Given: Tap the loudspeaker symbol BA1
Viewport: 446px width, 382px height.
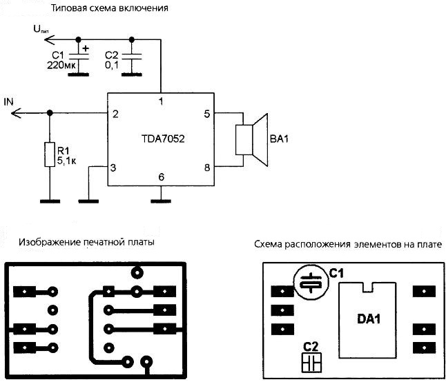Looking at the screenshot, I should click(x=251, y=139).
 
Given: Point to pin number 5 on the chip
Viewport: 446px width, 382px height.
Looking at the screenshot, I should click(x=206, y=113).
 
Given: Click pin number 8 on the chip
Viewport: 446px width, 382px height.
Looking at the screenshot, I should click(x=206, y=166).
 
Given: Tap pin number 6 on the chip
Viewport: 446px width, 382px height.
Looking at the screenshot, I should click(x=161, y=177).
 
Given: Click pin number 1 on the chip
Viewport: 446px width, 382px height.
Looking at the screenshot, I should click(x=161, y=101).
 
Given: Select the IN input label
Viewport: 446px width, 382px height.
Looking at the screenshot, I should click(x=8, y=102).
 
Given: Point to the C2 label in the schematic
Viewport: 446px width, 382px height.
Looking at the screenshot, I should click(x=111, y=54).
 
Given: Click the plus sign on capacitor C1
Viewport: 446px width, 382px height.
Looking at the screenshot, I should click(x=86, y=48).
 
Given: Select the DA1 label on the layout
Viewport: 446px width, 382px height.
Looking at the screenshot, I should click(x=369, y=319).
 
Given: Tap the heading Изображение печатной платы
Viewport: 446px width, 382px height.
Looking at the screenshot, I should click(x=86, y=243).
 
